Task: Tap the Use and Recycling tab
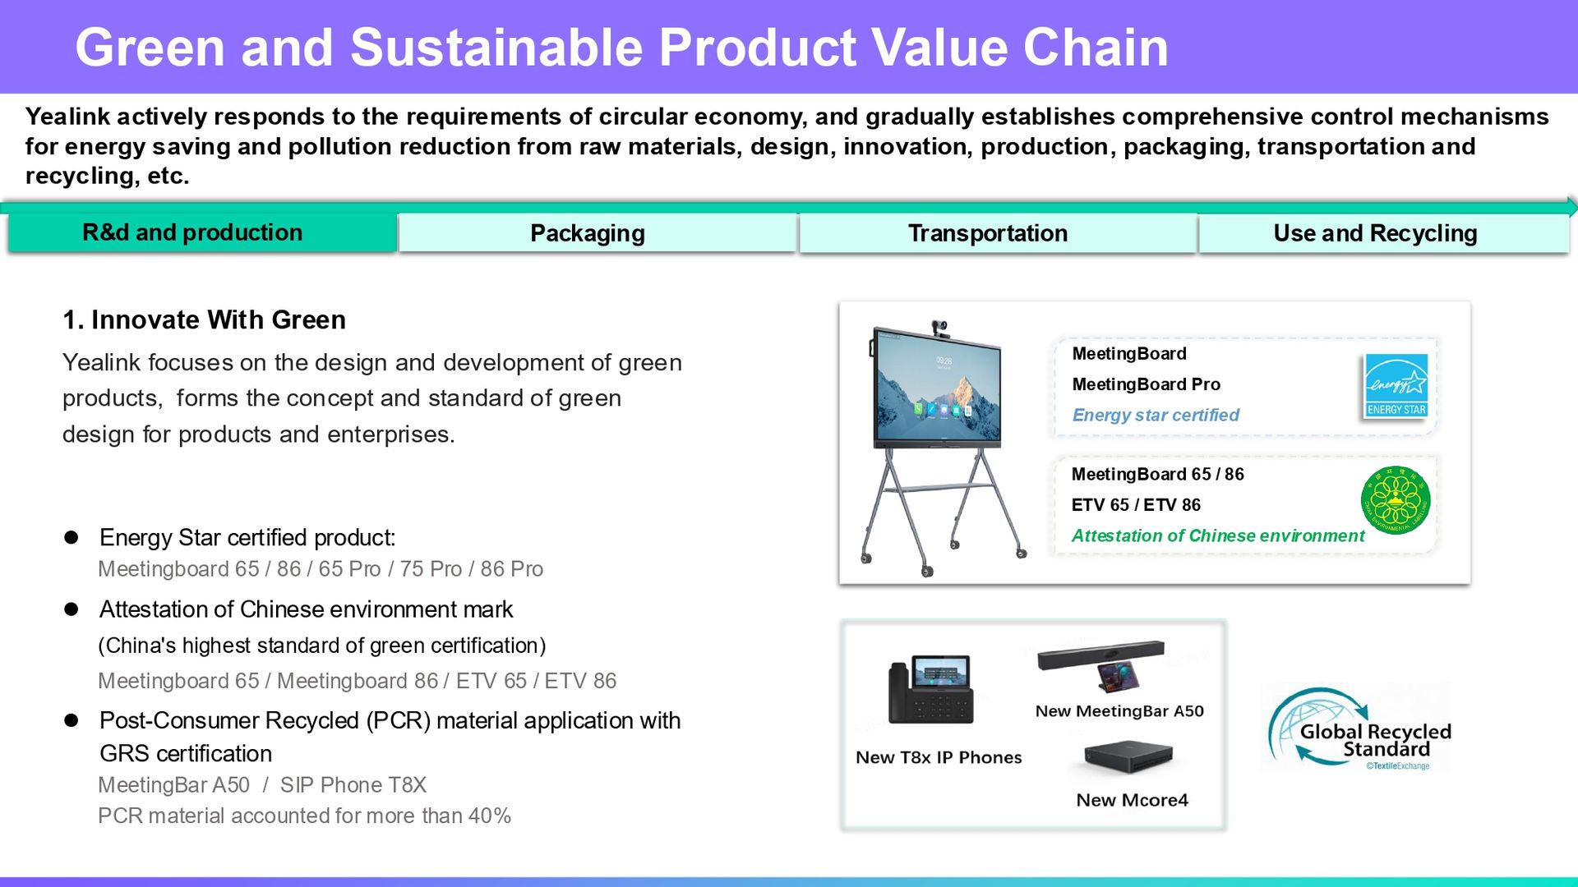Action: tap(1384, 233)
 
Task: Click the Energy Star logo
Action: tap(1396, 386)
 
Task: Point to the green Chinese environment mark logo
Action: tap(1396, 500)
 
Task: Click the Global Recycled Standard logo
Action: tap(1357, 728)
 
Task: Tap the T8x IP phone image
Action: tap(931, 690)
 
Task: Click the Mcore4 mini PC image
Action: tap(1128, 757)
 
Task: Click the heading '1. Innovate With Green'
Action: tap(205, 319)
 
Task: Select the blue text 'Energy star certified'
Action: tap(1156, 415)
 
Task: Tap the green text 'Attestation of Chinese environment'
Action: tap(1218, 535)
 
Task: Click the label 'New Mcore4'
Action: tap(1133, 800)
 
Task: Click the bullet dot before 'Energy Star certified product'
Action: tap(72, 537)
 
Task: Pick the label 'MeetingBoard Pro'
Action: tap(1147, 384)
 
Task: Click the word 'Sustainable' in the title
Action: tap(497, 47)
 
